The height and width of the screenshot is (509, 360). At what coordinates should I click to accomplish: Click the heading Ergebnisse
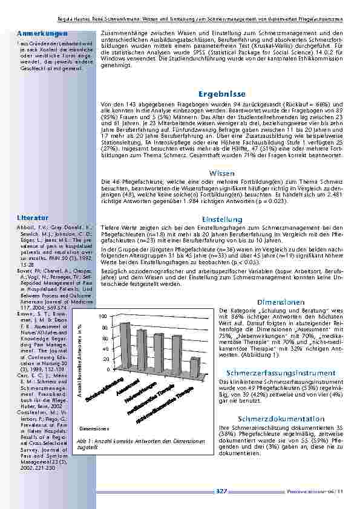(x=221, y=95)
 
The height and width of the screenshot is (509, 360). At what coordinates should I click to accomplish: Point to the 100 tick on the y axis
(x=103, y=317)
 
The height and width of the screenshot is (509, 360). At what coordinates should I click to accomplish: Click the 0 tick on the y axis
(x=106, y=369)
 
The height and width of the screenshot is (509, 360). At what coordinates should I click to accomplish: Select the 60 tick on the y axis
(x=105, y=338)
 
